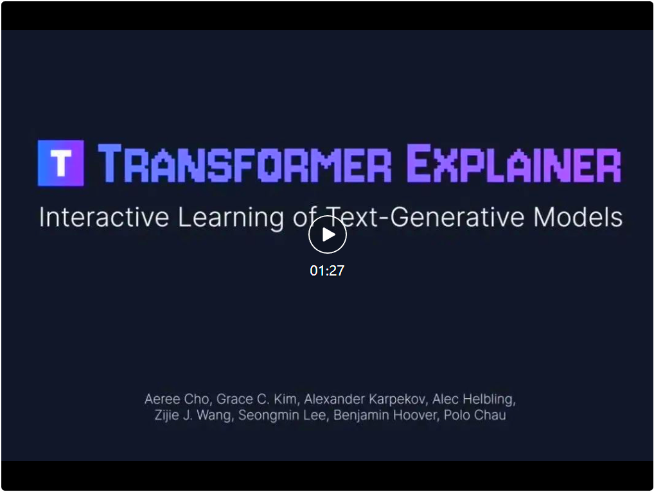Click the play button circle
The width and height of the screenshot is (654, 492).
tap(328, 234)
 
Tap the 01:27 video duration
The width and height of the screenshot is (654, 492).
tap(328, 270)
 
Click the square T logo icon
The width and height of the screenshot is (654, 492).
tap(61, 163)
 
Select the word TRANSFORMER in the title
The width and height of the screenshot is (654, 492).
tap(245, 163)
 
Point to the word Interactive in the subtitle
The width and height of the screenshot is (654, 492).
tap(104, 217)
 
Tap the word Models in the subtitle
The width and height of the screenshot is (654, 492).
tap(578, 217)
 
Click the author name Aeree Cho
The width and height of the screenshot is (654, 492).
tap(177, 399)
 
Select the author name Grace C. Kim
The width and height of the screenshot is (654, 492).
tap(257, 399)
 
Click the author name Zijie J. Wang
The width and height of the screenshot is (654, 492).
tap(193, 416)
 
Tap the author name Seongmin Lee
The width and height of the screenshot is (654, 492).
tap(282, 416)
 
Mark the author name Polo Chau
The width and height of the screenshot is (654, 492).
tap(475, 416)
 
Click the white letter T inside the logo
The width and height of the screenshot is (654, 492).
tap(61, 163)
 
